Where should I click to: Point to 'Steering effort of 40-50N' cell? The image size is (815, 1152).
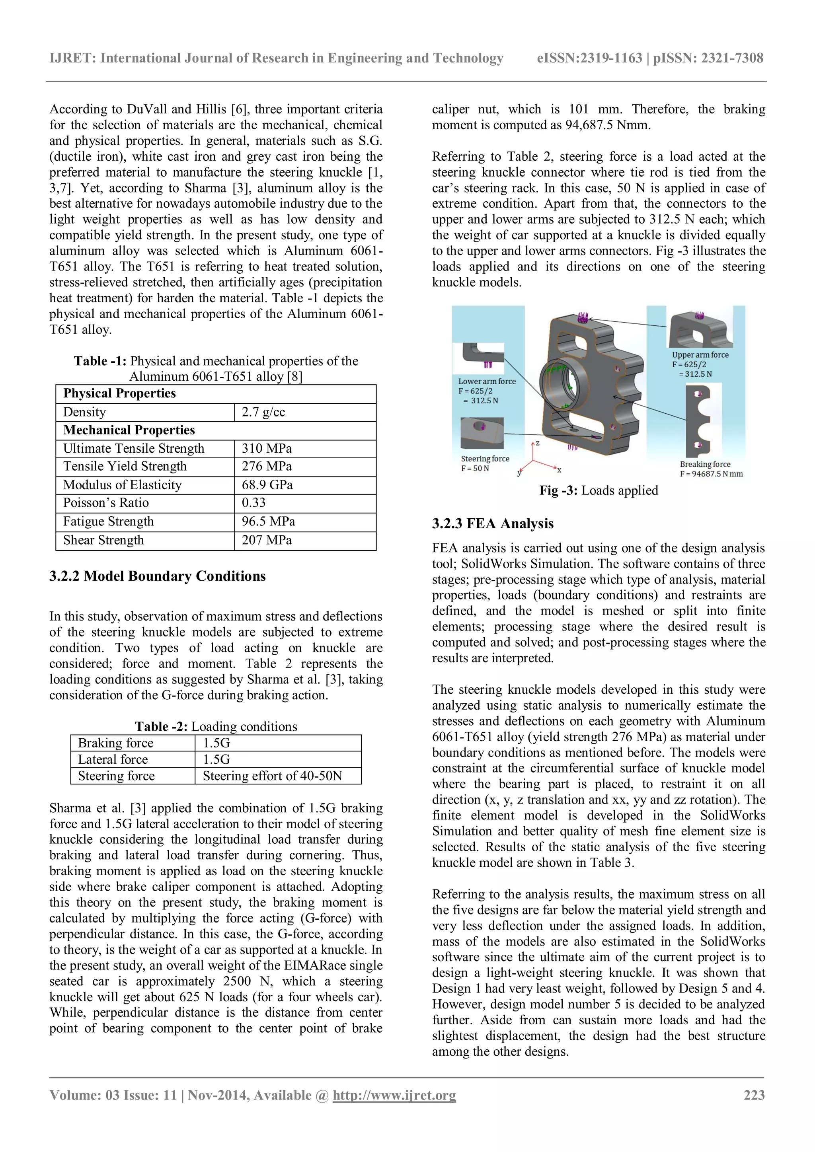272,776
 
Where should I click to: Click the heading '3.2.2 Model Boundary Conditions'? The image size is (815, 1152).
158,576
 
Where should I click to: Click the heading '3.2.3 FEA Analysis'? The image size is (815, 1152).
492,524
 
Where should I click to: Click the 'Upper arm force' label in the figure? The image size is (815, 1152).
700,355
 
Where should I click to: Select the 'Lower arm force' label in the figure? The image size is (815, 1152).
486,381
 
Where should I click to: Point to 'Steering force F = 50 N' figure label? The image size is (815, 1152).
484,463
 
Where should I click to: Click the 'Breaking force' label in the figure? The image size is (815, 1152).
705,464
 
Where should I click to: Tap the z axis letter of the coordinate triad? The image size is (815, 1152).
538,444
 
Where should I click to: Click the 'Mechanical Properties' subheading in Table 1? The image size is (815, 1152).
129,430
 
